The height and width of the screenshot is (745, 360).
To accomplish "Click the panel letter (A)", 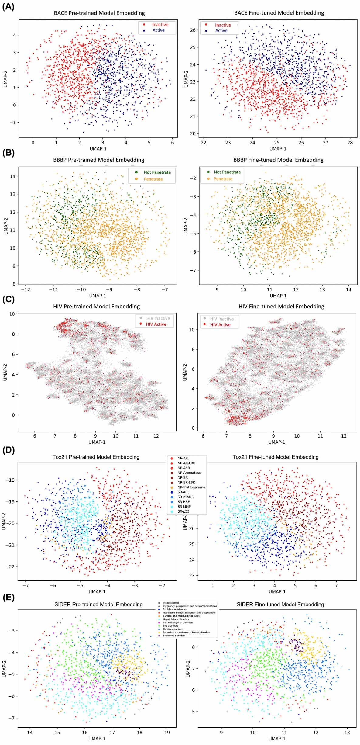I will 8,7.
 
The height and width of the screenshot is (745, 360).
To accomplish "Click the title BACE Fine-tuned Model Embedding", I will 279,13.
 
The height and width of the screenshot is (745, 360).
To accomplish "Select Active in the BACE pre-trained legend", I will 158,30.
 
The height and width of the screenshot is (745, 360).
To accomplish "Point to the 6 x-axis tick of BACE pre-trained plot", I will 172,142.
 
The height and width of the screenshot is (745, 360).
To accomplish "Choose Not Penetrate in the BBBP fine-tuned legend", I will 227,172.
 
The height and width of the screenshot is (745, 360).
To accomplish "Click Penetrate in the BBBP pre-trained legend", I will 153,179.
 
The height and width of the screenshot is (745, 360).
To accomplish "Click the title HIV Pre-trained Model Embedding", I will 96,306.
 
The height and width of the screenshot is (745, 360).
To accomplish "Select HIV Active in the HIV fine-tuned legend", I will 220,325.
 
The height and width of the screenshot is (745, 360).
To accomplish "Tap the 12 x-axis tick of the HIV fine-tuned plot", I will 344,436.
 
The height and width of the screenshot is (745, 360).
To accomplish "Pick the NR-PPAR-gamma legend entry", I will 191,487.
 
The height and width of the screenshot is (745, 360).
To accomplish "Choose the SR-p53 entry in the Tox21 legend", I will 183,511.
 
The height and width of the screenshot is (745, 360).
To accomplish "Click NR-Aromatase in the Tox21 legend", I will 189,473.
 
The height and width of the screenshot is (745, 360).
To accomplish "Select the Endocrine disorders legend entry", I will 174,636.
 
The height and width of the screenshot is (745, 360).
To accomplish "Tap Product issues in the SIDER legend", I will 171,603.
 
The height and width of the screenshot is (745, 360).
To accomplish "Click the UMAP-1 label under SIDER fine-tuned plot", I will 277,738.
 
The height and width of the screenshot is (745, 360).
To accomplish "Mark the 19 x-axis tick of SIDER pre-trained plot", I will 167,733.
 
